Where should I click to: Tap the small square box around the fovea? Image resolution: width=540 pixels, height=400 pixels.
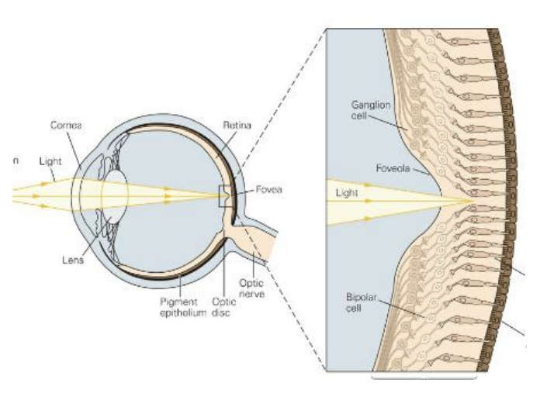[x=223, y=197]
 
